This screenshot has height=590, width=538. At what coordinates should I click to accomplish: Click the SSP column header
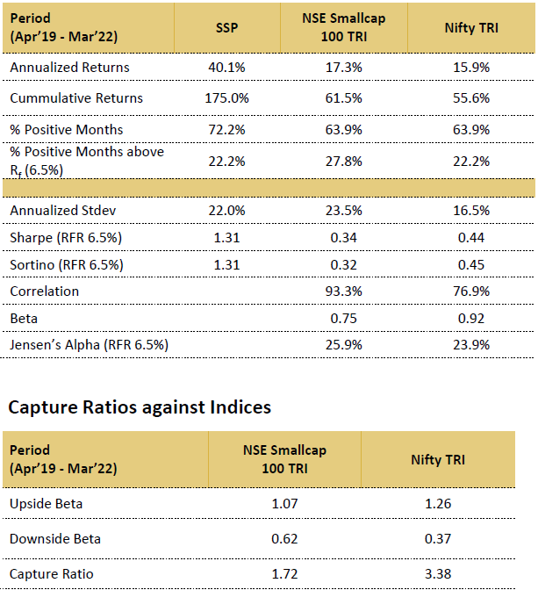click(x=226, y=28)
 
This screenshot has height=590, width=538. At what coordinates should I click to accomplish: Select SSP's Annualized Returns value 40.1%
click(x=226, y=68)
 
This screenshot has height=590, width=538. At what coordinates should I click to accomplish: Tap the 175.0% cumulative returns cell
click(x=226, y=98)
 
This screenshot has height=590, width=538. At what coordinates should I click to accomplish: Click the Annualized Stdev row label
click(x=63, y=211)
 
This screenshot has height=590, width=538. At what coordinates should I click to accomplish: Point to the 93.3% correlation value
click(x=344, y=291)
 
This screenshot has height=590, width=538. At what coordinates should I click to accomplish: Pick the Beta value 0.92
click(x=471, y=319)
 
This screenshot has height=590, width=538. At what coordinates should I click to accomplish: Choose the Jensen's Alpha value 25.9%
click(x=344, y=345)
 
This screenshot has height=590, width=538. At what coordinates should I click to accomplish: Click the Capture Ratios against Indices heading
click(x=140, y=407)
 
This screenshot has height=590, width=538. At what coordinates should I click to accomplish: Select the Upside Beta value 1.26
click(x=438, y=504)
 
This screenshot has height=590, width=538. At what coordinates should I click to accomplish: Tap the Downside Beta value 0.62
click(x=284, y=539)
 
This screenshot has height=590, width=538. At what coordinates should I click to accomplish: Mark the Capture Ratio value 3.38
click(x=438, y=574)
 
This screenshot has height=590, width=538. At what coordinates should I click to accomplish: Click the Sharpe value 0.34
click(x=344, y=238)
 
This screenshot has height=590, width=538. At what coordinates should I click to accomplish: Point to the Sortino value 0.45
click(x=471, y=265)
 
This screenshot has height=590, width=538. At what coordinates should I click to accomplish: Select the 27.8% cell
click(x=344, y=162)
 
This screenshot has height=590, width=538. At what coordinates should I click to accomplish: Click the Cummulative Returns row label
click(x=76, y=98)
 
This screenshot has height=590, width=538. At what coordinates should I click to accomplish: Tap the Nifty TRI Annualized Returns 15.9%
click(x=471, y=68)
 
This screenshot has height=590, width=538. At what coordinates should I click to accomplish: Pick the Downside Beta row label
click(x=55, y=539)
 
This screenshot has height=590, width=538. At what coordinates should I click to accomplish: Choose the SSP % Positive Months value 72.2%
click(x=226, y=130)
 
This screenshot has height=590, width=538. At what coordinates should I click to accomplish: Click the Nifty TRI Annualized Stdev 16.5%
click(x=471, y=211)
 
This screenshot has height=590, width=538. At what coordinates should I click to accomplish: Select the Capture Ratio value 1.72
click(x=284, y=574)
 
